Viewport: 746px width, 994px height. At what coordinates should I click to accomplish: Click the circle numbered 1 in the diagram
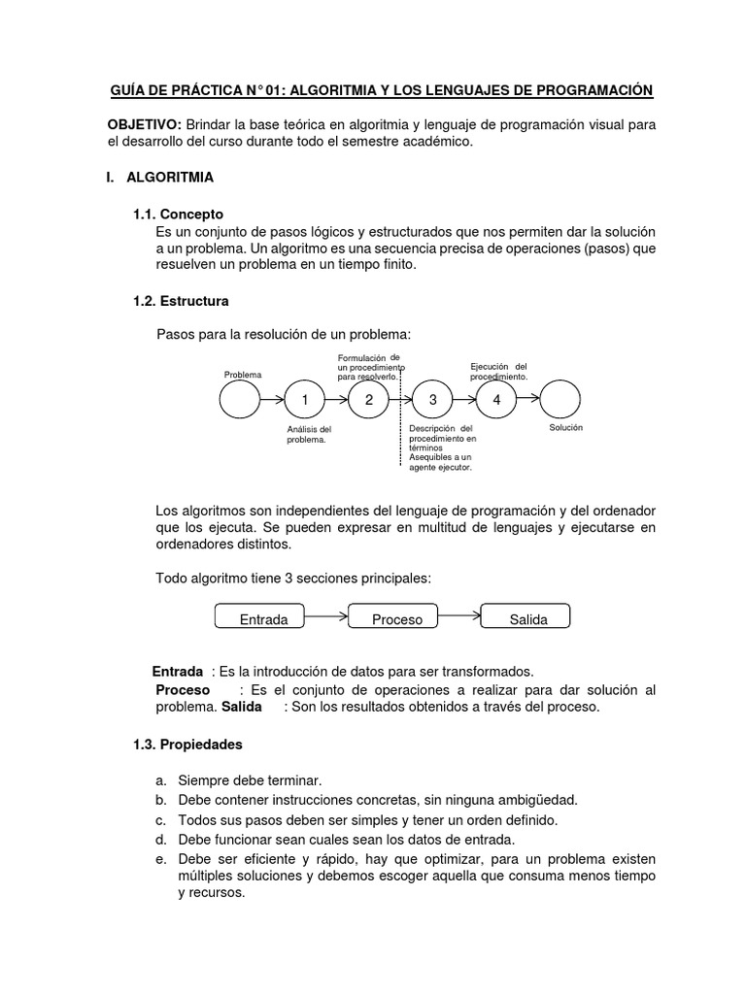pyautogui.click(x=305, y=400)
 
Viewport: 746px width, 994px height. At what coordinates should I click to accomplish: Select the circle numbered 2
pyautogui.click(x=368, y=400)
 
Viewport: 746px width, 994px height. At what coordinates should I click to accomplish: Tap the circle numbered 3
pyautogui.click(x=432, y=400)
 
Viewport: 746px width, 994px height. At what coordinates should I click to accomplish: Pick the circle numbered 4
pyautogui.click(x=496, y=400)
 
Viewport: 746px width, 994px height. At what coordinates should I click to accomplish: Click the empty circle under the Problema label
pyautogui.click(x=240, y=400)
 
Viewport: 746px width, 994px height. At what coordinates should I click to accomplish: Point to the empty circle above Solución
pyautogui.click(x=560, y=400)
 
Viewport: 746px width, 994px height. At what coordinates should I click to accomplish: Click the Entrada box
pyautogui.click(x=262, y=617)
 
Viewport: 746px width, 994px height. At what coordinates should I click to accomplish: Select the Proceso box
pyautogui.click(x=396, y=617)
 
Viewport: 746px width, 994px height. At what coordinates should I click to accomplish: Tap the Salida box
pyautogui.click(x=527, y=617)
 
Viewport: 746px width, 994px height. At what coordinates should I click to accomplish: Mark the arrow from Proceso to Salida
pyautogui.click(x=463, y=614)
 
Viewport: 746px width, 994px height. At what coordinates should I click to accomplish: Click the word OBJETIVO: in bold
pyautogui.click(x=144, y=125)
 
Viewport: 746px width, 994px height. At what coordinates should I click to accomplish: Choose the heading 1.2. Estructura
pyautogui.click(x=181, y=301)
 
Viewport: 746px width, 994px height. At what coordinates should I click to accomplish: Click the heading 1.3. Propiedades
pyautogui.click(x=187, y=745)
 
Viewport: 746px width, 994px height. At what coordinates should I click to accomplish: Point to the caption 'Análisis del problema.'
pyautogui.click(x=309, y=434)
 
